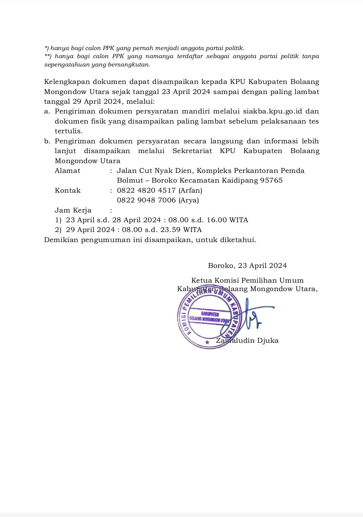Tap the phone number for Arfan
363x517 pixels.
pyautogui.click(x=146, y=191)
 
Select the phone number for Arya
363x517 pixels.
pyautogui.click(x=146, y=200)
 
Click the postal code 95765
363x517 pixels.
pyautogui.click(x=271, y=181)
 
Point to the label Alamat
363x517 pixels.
pyautogui.click(x=68, y=171)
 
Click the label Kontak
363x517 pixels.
pyautogui.click(x=68, y=191)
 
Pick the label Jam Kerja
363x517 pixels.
pyautogui.click(x=73, y=210)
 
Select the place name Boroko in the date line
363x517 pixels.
pyautogui.click(x=221, y=266)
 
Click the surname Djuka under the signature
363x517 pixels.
pyautogui.click(x=268, y=341)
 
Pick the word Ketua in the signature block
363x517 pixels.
pyautogui.click(x=201, y=281)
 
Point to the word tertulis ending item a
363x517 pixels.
pyautogui.click(x=69, y=131)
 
